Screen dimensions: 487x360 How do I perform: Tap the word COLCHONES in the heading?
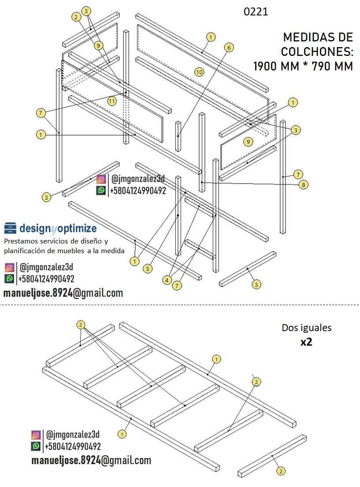tap(317, 52)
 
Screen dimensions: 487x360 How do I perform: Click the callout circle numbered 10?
tap(199, 71)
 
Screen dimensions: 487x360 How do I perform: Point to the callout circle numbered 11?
tap(112, 101)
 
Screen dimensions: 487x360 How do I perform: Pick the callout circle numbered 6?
tap(228, 47)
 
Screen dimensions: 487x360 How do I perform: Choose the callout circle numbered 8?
tap(303, 185)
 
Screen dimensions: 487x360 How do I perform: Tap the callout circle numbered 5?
tap(148, 268)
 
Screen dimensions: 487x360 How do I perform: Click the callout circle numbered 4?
tap(167, 280)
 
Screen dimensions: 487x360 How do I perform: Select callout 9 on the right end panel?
tap(249, 142)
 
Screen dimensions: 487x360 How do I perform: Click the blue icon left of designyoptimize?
tap(11, 228)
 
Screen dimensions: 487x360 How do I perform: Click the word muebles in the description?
tap(80, 251)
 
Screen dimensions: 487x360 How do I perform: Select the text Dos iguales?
tap(306, 328)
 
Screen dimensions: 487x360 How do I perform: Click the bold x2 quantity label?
tap(306, 342)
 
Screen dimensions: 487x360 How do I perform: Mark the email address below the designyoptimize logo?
tap(63, 293)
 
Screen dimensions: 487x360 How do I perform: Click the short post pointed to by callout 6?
tap(178, 129)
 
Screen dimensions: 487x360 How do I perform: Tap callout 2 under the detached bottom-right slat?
tap(280, 471)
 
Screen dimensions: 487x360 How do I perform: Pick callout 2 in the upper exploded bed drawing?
tap(76, 17)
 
